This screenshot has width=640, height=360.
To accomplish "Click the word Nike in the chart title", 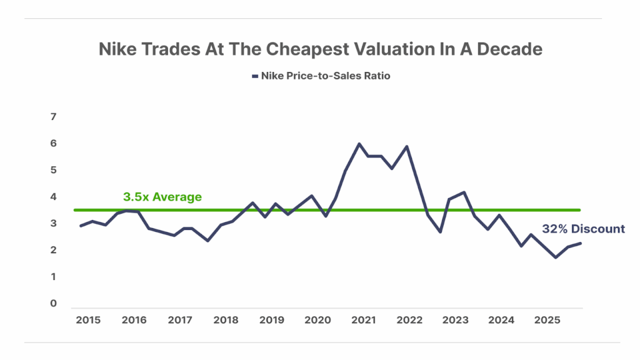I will (x=118, y=49).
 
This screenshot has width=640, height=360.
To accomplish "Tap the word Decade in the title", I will (x=511, y=49).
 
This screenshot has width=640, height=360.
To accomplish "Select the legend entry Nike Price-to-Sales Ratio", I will (x=325, y=76).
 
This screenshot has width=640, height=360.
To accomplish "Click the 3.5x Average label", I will (x=162, y=197).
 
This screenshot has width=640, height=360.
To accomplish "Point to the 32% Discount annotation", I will (x=583, y=229).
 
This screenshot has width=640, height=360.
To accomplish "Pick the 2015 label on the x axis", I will (x=88, y=319).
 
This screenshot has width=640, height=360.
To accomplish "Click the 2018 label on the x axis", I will (x=226, y=319).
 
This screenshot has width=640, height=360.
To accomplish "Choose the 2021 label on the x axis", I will (x=363, y=319).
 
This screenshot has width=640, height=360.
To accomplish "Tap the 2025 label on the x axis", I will (x=547, y=319).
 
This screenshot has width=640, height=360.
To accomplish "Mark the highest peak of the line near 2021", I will (x=359, y=144).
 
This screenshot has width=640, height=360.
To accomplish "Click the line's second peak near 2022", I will (x=407, y=147).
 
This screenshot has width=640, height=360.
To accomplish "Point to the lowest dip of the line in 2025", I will (x=555, y=257).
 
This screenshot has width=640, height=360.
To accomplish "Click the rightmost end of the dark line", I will (x=581, y=243).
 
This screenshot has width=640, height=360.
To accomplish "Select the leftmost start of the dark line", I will (x=80, y=226).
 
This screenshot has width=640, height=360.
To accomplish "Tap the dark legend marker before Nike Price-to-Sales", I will (x=254, y=76).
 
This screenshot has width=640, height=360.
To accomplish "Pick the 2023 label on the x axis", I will (x=455, y=319).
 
